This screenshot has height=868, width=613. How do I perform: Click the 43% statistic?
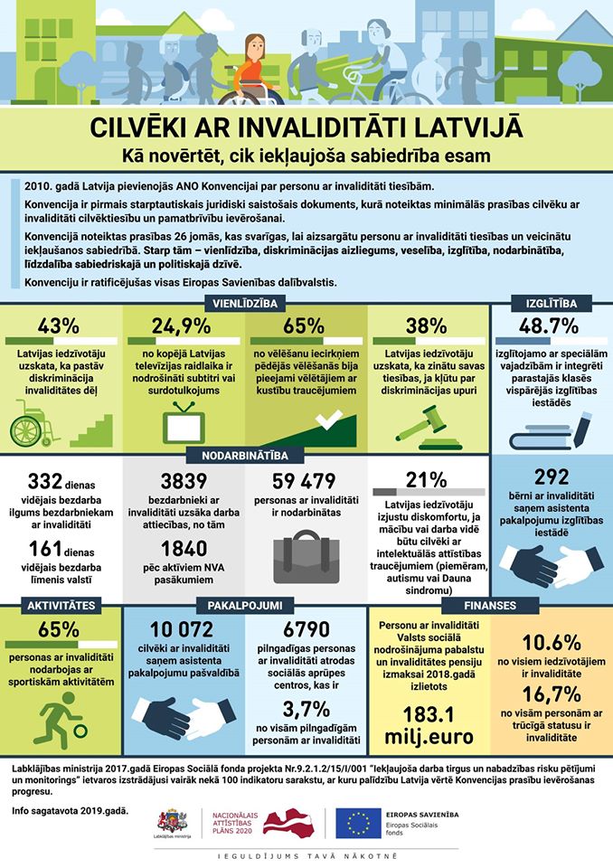[x=59, y=326]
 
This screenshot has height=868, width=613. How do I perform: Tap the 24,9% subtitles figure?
[x=181, y=326]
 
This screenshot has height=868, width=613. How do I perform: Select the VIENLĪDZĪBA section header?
[x=245, y=303]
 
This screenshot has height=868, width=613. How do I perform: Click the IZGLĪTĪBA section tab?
[x=551, y=303]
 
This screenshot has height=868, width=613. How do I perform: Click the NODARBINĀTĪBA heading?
[x=245, y=456]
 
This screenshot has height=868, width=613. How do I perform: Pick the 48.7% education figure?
[x=549, y=326]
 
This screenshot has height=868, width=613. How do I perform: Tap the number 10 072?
[x=182, y=629]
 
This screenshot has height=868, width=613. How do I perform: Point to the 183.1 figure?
[x=429, y=714]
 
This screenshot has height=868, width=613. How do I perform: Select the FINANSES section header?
[x=490, y=605]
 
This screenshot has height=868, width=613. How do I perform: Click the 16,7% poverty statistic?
[x=552, y=694]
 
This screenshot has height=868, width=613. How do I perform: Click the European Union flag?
[x=358, y=823]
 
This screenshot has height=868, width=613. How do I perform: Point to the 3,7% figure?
[x=306, y=709]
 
